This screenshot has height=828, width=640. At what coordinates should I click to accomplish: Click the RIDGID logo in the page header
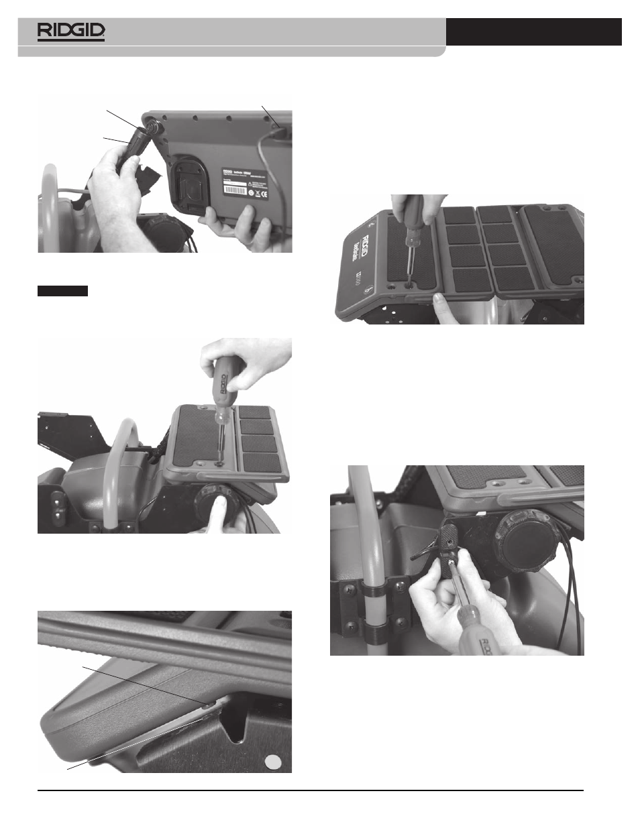point(71,32)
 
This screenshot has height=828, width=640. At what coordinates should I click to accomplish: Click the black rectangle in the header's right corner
point(533,32)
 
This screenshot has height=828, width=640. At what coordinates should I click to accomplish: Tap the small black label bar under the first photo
point(62,291)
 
